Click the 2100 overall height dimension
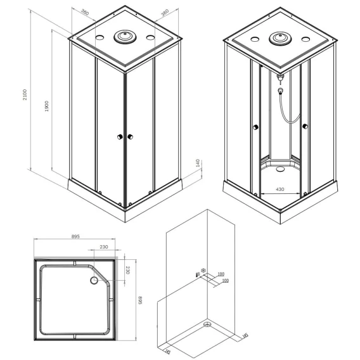coord(25,94)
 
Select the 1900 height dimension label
coord(47,106)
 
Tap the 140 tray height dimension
coord(198,163)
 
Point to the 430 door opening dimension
coord(280,189)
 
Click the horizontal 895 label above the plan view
coord(75,236)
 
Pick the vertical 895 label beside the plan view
coord(140,300)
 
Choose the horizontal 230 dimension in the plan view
coord(104,247)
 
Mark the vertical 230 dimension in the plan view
coord(128,270)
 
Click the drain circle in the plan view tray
coord(94,280)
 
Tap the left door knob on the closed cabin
coord(120,137)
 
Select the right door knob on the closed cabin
coord(130,137)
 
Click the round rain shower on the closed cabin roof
coord(125,37)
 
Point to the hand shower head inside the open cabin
coord(280,91)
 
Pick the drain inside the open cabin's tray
coord(280,169)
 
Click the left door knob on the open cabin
coord(255,127)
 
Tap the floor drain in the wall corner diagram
coord(207,325)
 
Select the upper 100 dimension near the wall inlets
coord(221,274)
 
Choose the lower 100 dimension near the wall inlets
coord(226,281)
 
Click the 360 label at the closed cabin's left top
coord(85,13)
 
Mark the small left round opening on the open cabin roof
coord(255,39)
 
